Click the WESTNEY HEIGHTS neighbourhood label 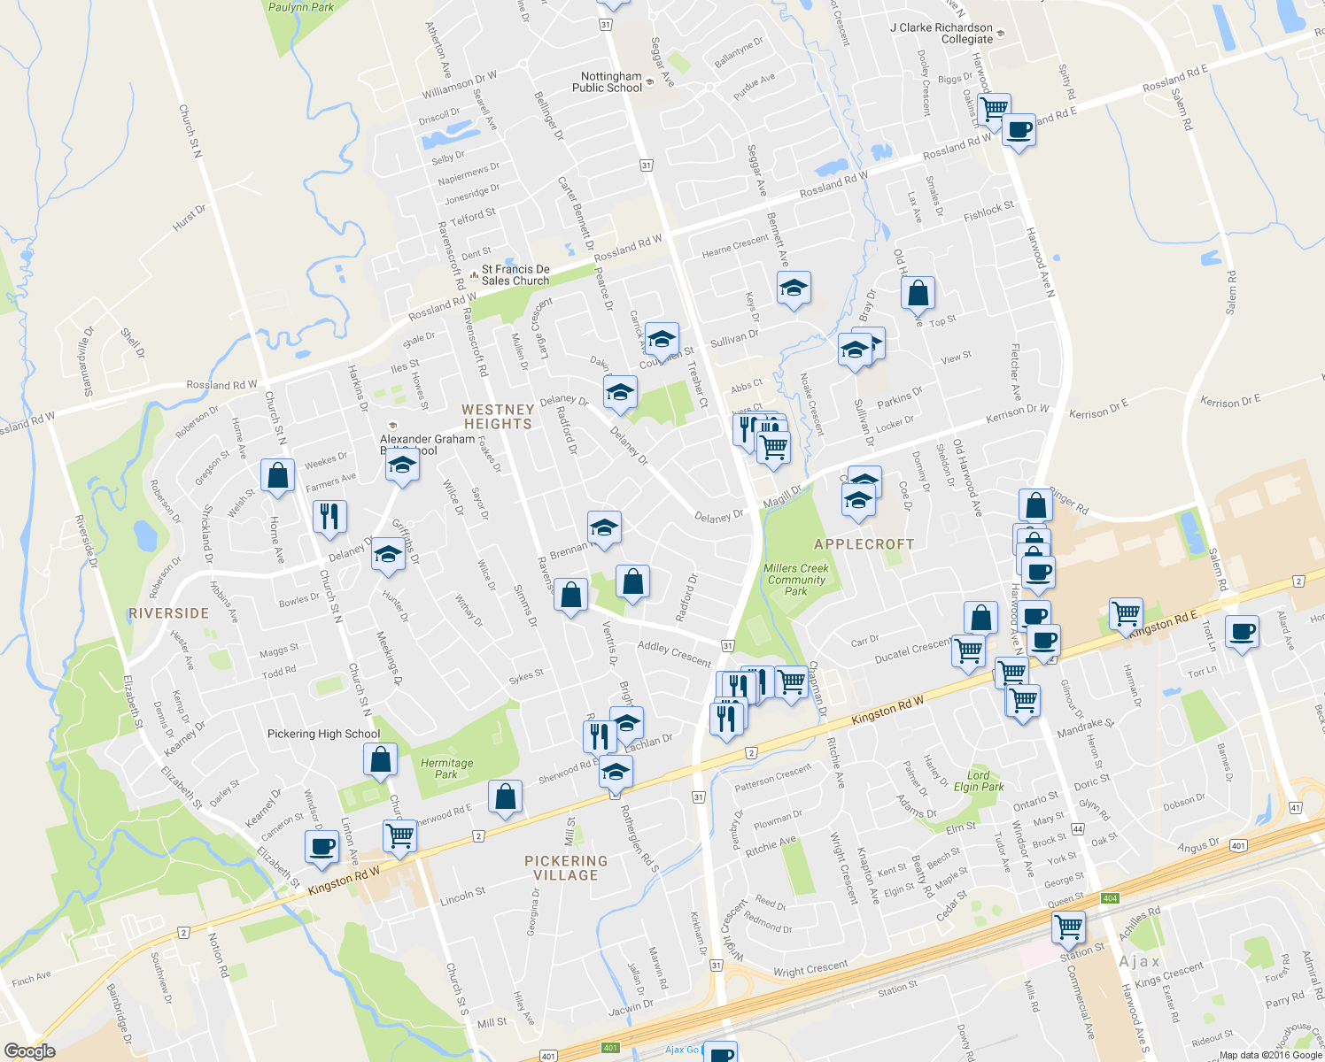pyautogui.click(x=498, y=417)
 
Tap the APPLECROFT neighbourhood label pyautogui.click(x=864, y=544)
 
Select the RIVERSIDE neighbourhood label pyautogui.click(x=168, y=613)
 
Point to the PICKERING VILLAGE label pyautogui.click(x=566, y=867)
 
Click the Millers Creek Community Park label pyautogui.click(x=796, y=580)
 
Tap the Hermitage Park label pyautogui.click(x=446, y=768)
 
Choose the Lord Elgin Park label pyautogui.click(x=978, y=781)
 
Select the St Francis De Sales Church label pyautogui.click(x=515, y=274)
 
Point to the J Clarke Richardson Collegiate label pyautogui.click(x=941, y=34)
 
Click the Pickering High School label pyautogui.click(x=323, y=734)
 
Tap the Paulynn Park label pyautogui.click(x=301, y=7)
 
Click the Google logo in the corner pyautogui.click(x=29, y=1050)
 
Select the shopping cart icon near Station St pyautogui.click(x=1068, y=927)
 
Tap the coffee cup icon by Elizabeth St pyautogui.click(x=321, y=846)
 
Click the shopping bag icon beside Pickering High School pyautogui.click(x=380, y=759)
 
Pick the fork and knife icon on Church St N pyautogui.click(x=329, y=516)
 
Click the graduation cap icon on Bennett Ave pyautogui.click(x=794, y=288)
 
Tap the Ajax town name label pyautogui.click(x=1139, y=961)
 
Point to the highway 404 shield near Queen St pyautogui.click(x=1110, y=898)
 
